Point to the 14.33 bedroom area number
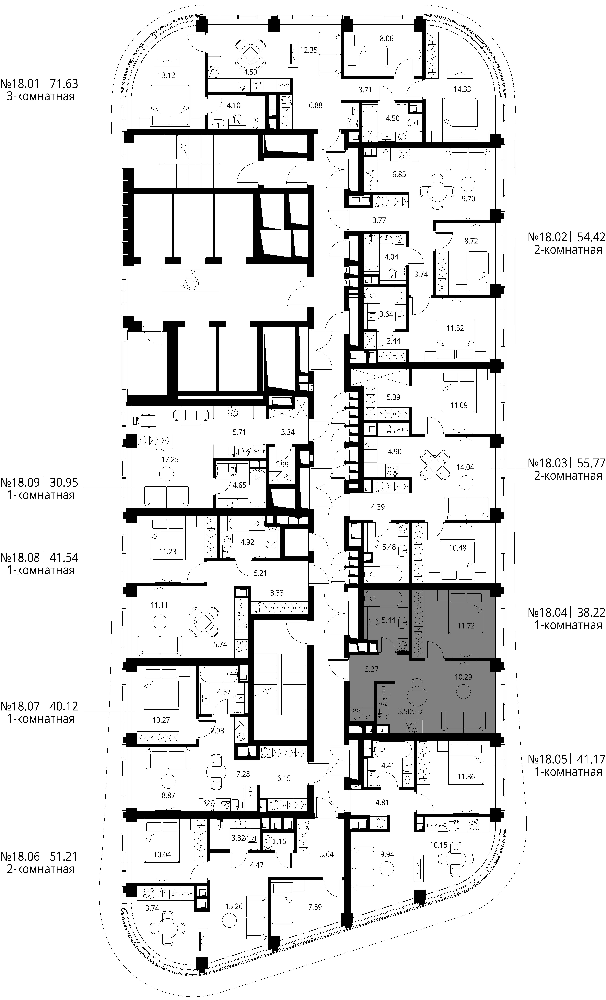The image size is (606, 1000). pyautogui.click(x=462, y=89)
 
